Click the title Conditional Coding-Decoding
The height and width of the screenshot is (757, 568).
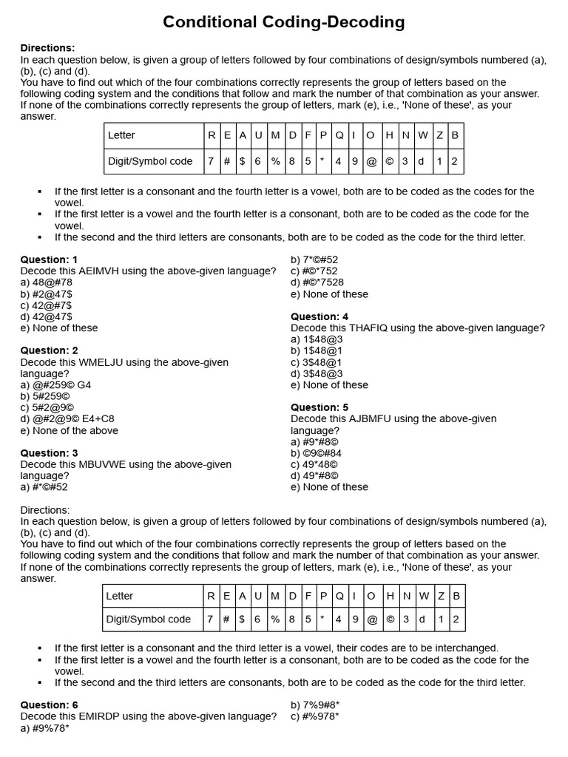(284, 23)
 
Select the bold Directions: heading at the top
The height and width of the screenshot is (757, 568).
(47, 48)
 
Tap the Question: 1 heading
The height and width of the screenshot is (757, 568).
(49, 259)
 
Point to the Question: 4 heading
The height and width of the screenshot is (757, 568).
(319, 316)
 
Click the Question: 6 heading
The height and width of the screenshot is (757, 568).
(49, 705)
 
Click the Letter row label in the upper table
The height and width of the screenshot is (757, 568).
(121, 135)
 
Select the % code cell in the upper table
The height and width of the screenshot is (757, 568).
(275, 161)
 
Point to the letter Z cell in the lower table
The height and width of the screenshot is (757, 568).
(439, 596)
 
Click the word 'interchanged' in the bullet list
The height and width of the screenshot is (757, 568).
(466, 648)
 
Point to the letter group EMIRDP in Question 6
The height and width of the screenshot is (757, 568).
(103, 716)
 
